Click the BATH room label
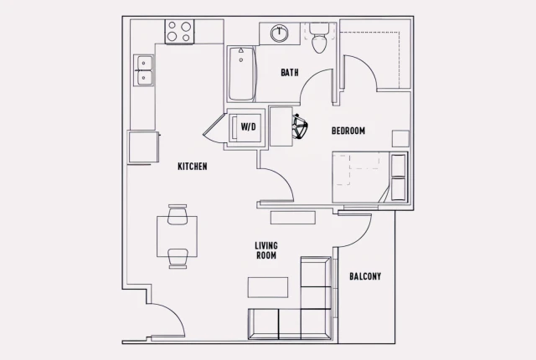290,73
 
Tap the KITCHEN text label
193,167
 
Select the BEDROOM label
348,131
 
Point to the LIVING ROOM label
266,250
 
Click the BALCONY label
365,276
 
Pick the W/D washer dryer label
248,127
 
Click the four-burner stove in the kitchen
179,32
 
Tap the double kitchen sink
145,69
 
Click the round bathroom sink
280,34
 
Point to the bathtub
241,74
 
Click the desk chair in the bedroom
298,128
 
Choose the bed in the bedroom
368,177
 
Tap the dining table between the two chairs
177,237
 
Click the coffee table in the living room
268,287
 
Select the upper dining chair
177,215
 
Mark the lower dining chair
177,258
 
